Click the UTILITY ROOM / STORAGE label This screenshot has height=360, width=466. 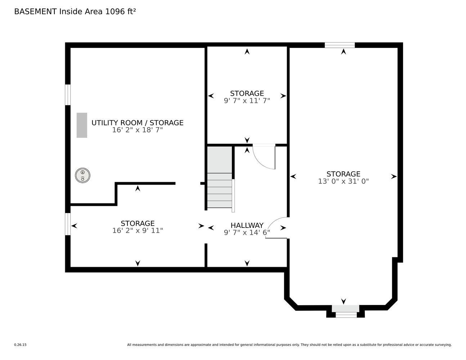(137, 123)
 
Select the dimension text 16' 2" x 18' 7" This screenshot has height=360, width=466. (137, 130)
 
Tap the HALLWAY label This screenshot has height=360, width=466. (247, 225)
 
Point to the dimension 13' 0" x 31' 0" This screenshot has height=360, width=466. (343, 181)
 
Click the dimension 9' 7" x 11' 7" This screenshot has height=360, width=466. (247, 101)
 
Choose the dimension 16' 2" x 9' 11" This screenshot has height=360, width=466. (137, 230)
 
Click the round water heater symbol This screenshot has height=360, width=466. (82, 175)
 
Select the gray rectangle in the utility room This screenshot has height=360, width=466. (82, 125)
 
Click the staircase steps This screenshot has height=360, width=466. (219, 190)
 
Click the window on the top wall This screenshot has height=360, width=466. (339, 45)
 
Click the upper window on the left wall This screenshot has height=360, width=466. (68, 95)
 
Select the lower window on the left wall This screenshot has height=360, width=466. (68, 224)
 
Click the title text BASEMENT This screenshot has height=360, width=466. (35, 12)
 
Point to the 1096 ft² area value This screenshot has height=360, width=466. (120, 12)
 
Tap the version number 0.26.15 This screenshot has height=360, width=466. (20, 345)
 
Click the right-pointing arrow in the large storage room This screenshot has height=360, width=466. (394, 176)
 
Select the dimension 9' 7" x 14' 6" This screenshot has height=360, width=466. (247, 233)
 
